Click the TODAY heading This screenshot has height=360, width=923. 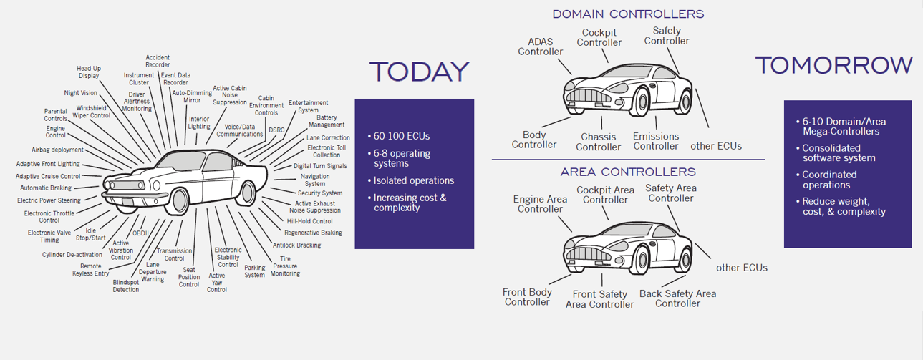(x=419, y=72)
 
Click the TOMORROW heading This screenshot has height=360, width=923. (x=833, y=65)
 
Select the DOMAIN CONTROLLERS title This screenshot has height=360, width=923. (x=628, y=14)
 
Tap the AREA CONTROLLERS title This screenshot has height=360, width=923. (x=628, y=172)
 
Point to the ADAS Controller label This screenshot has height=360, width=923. (x=541, y=47)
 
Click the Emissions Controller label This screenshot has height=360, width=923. (x=655, y=141)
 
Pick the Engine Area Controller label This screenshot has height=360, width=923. (x=541, y=204)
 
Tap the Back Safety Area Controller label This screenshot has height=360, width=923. (x=677, y=298)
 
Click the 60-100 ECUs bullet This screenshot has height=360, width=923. (x=402, y=136)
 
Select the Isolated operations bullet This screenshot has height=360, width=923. (x=414, y=180)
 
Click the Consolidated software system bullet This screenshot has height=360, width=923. (x=839, y=153)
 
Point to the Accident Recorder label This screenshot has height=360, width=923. (x=158, y=61)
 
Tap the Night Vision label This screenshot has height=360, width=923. (x=80, y=93)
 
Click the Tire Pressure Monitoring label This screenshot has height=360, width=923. (x=285, y=266)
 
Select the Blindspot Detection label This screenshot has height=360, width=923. (x=126, y=286)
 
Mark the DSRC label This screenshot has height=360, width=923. (x=276, y=130)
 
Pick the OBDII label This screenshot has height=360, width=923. (x=140, y=233)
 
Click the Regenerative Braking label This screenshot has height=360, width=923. (x=313, y=233)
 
